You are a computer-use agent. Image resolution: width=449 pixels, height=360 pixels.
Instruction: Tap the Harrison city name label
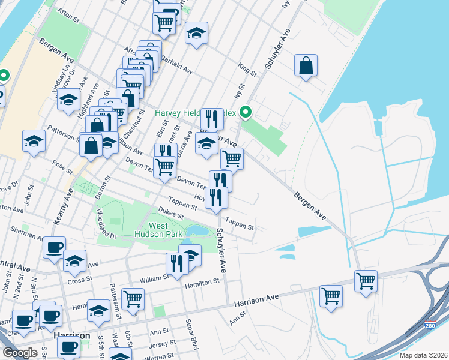point(71,335)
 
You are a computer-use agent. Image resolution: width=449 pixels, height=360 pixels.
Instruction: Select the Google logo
point(20,353)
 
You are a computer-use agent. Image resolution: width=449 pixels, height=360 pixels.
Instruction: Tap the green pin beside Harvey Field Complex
point(245,112)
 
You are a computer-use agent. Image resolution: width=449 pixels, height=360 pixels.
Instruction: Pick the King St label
point(247,71)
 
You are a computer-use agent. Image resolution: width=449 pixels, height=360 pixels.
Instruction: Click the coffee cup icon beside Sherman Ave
point(54,247)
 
